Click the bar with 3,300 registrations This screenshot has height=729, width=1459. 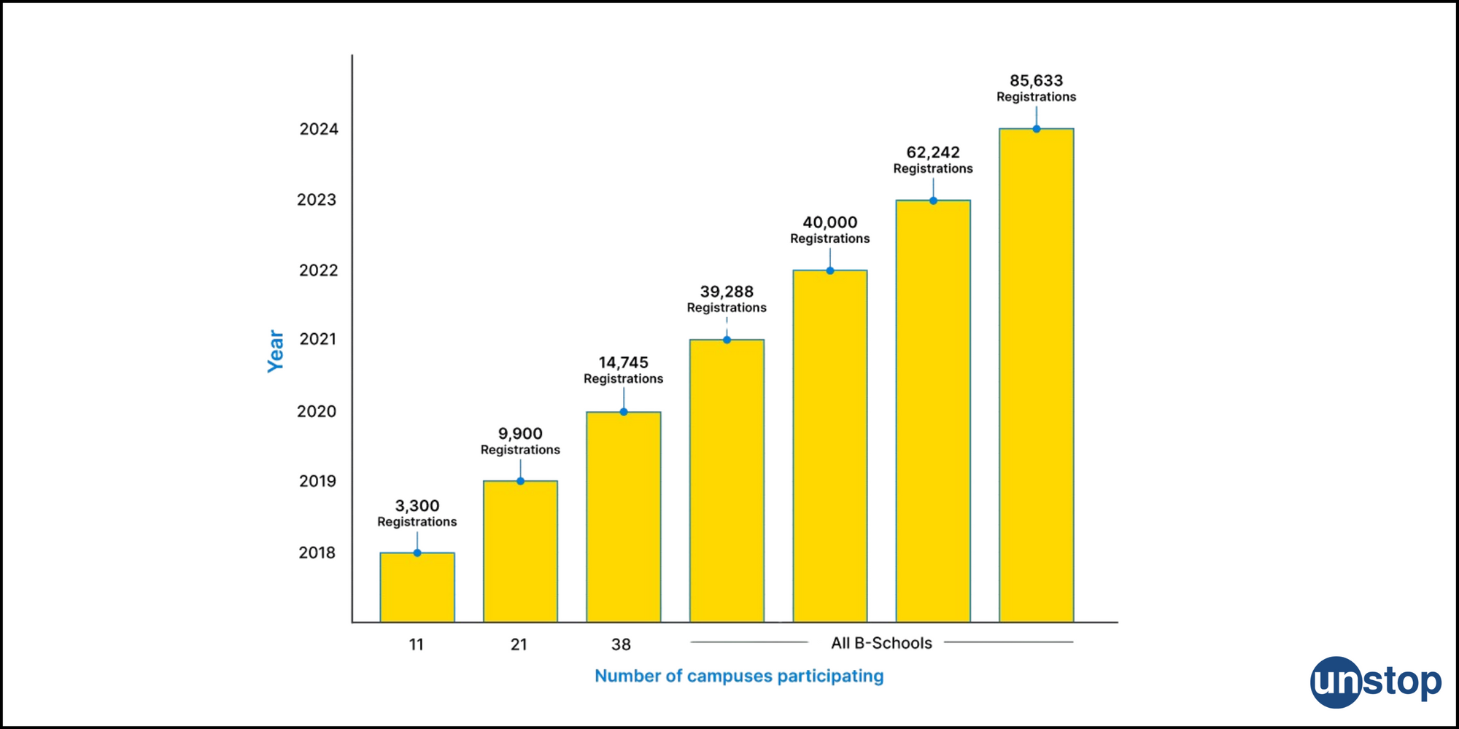pos(417,588)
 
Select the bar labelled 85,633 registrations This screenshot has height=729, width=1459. pos(1036,375)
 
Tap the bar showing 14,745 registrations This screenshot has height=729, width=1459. pos(623,517)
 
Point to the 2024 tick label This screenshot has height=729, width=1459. pos(319,129)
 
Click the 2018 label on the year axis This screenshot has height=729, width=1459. pos(317,553)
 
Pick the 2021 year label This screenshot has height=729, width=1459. pos(318,339)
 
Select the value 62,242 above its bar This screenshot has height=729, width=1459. pos(933,152)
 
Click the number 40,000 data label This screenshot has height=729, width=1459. pos(830,222)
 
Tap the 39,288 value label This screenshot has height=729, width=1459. pos(727,292)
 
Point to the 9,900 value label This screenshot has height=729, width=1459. pos(520,434)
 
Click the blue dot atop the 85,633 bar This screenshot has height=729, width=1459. pos(1036,129)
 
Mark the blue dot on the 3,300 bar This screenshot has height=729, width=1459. pos(417,553)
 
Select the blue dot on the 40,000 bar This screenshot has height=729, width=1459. pos(830,270)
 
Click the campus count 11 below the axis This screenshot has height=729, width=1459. pos(417,644)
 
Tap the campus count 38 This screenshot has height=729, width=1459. pos(621,644)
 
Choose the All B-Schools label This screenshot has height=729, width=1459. pos(881,643)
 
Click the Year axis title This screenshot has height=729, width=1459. pos(276,351)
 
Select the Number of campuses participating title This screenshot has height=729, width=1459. pos(739,676)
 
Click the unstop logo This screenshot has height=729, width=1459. pos(1375,682)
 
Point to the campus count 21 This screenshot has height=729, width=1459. pos(519,644)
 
